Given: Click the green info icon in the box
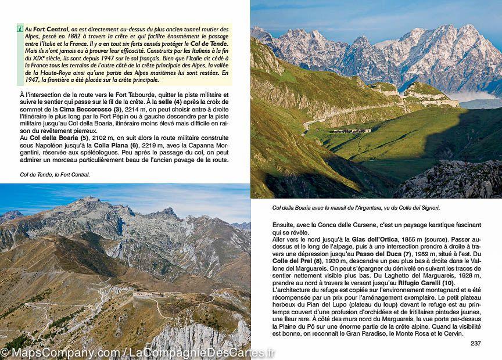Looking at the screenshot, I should coord(20,28).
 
